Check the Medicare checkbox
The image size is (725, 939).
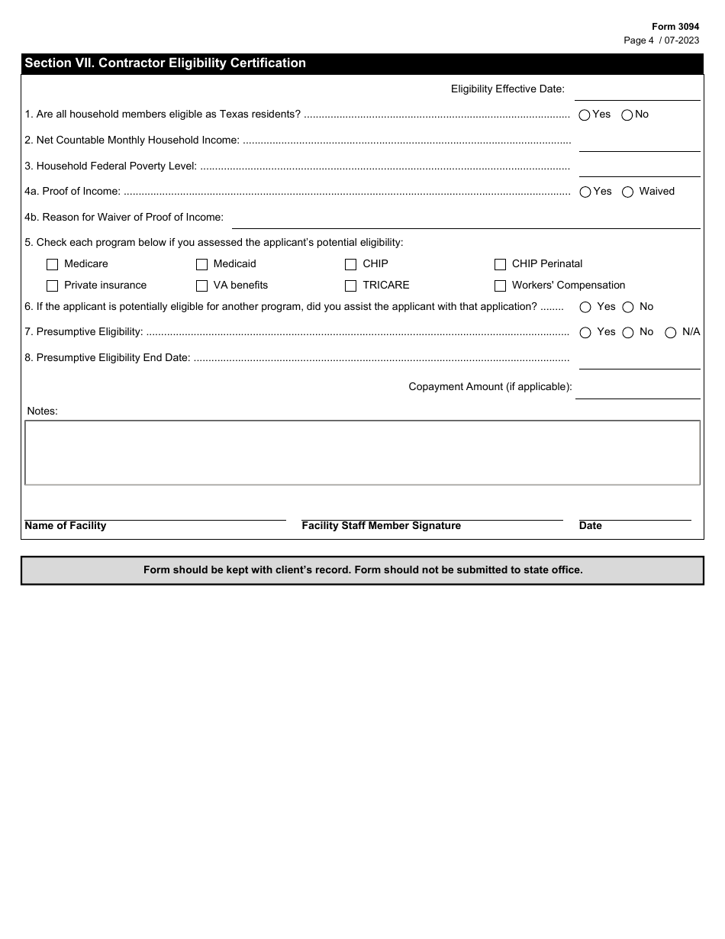(x=53, y=265)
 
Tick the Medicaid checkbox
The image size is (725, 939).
(x=202, y=265)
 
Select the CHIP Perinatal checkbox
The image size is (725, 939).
(x=501, y=265)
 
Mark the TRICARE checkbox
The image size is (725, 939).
(x=351, y=286)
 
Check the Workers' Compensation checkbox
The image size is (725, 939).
(x=501, y=286)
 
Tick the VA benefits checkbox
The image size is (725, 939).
(x=202, y=286)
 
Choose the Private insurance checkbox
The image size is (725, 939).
(x=53, y=286)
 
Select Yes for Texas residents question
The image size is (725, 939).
(x=585, y=115)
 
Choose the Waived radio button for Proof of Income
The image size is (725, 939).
(x=628, y=192)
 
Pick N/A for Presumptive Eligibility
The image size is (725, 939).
(x=671, y=333)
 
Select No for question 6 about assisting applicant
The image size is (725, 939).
(x=628, y=308)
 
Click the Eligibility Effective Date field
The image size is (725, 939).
(x=637, y=91)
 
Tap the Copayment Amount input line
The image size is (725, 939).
(x=637, y=389)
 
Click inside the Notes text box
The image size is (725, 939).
(x=362, y=453)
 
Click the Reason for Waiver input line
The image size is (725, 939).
(x=466, y=219)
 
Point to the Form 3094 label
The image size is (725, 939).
(x=675, y=27)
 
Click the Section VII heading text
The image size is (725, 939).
(x=166, y=63)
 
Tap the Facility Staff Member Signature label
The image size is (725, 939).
(x=382, y=526)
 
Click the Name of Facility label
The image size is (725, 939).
(x=66, y=526)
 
